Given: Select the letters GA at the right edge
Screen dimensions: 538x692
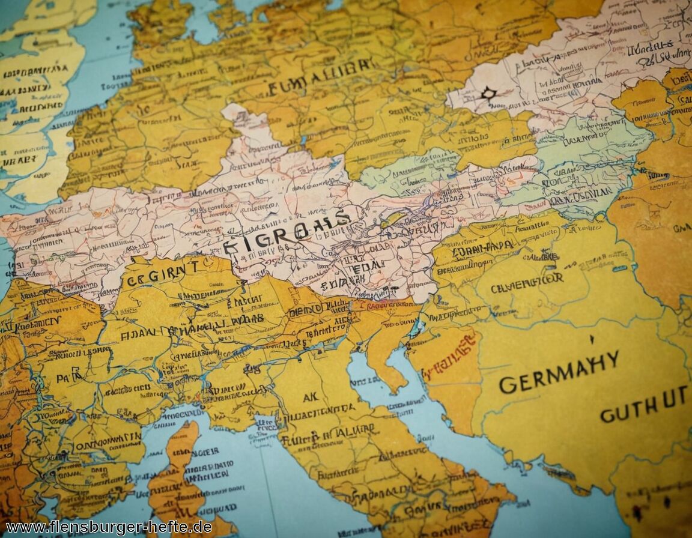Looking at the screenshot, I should [x=681, y=228].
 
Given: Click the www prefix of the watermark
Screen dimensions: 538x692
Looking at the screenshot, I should [x=21, y=528].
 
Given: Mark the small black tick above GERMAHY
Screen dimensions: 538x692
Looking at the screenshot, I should [x=592, y=339].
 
